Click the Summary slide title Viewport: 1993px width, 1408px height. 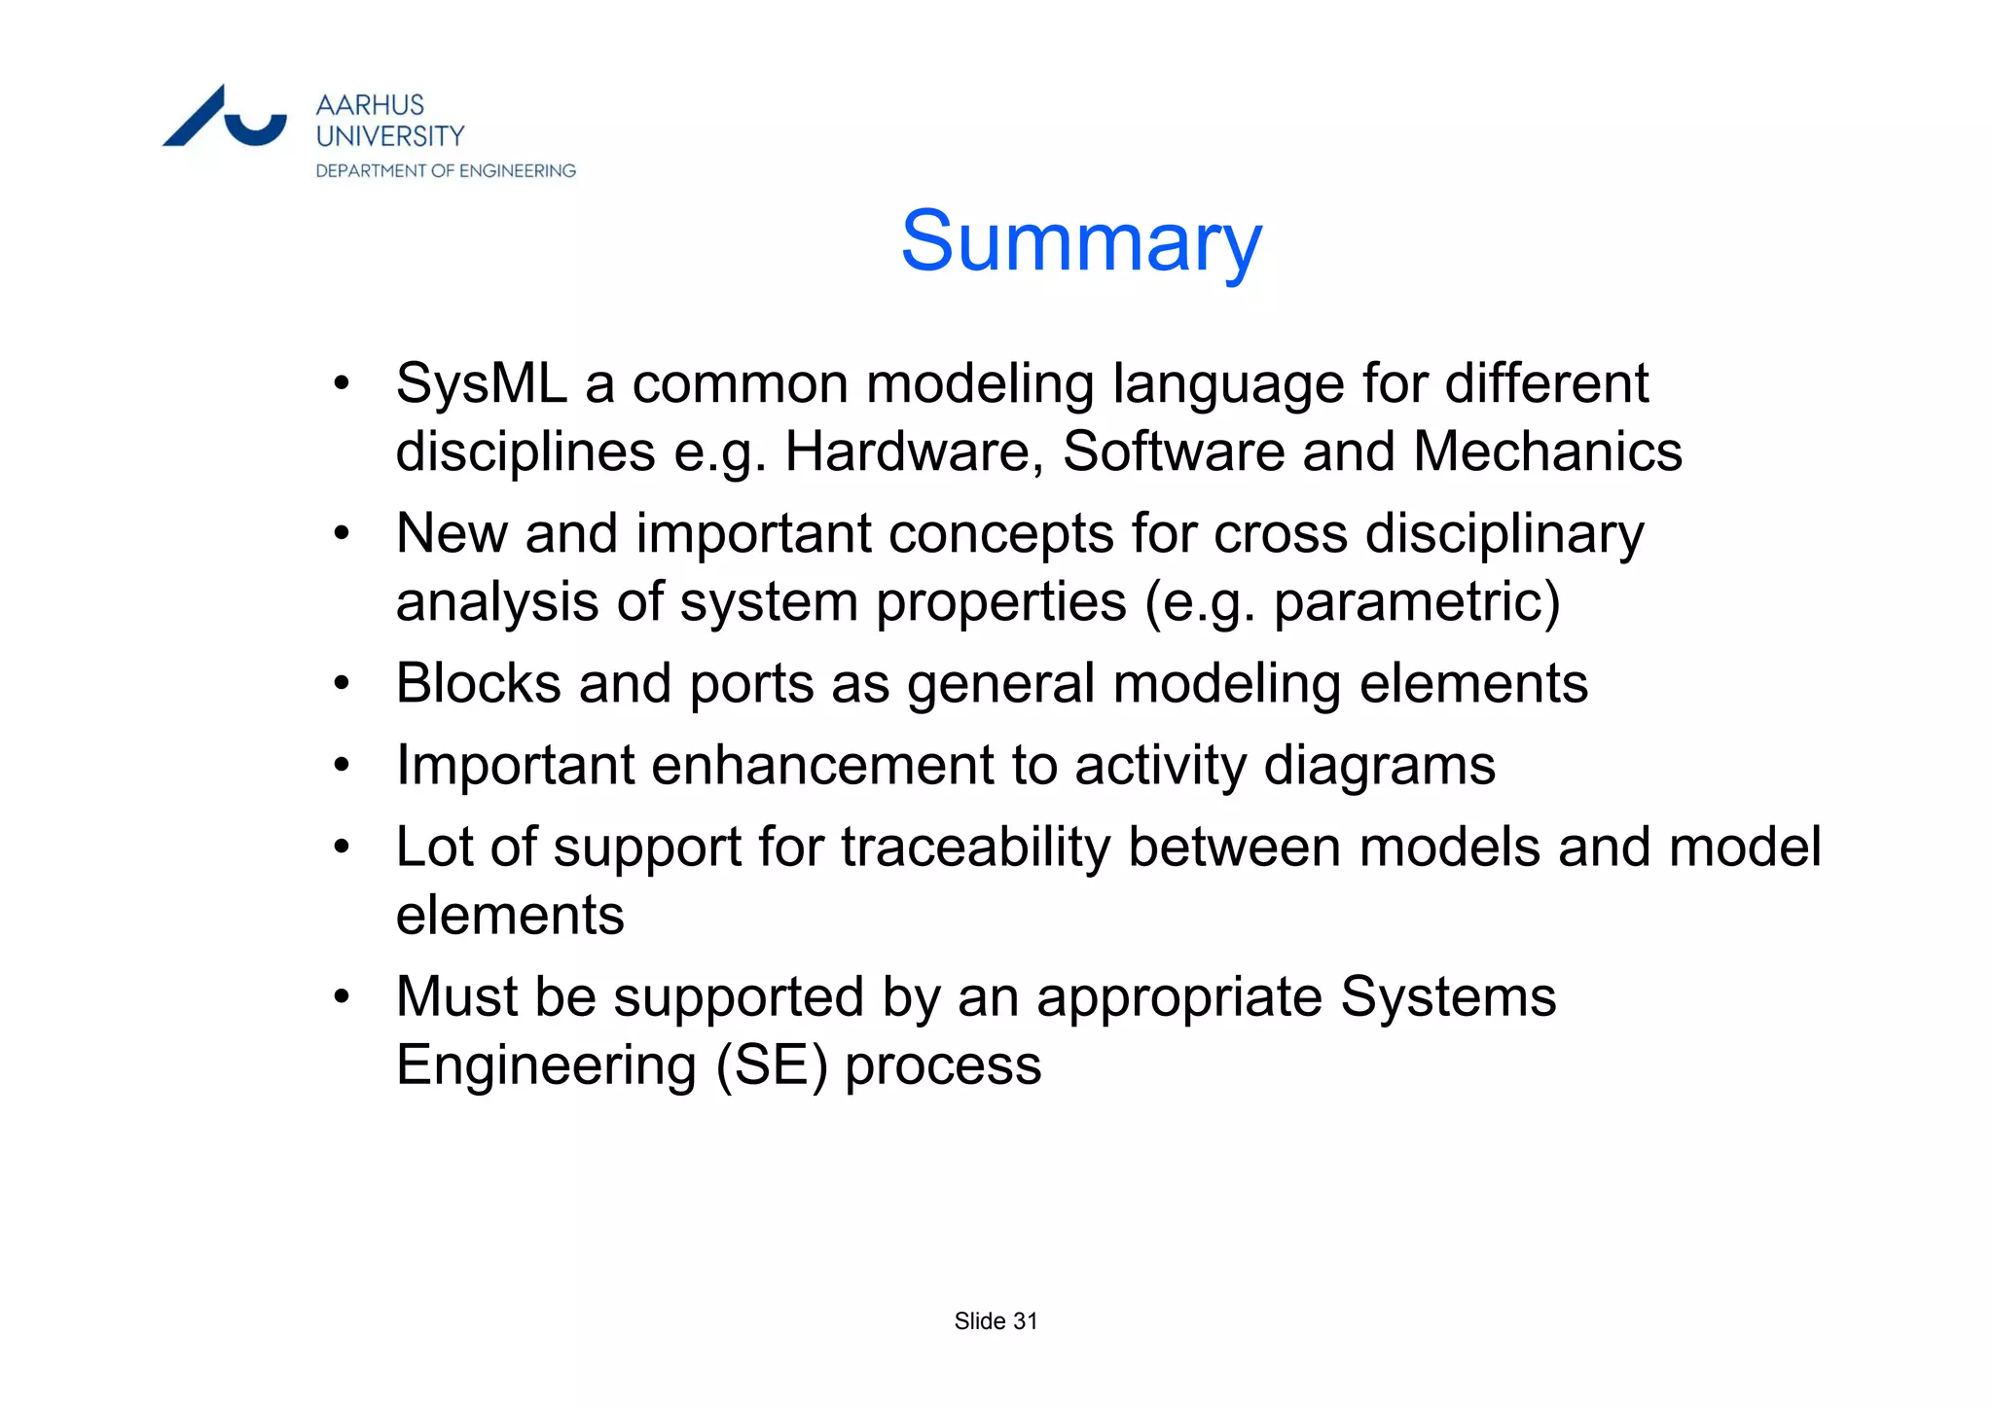[1081, 241]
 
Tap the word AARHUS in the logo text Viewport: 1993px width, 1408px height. [370, 105]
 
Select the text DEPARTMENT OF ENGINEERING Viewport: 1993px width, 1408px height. [446, 171]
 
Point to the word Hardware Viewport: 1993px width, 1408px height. [914, 451]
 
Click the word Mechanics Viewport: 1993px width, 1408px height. [1547, 451]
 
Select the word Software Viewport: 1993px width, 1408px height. [1174, 451]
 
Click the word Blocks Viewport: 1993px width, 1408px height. [479, 683]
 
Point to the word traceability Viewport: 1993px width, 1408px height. [975, 847]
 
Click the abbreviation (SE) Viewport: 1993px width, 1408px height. [772, 1065]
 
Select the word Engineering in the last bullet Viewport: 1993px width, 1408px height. [546, 1065]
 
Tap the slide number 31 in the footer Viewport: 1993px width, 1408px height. [1026, 1321]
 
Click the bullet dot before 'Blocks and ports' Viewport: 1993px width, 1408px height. [341, 683]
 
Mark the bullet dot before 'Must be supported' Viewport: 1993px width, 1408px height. [341, 997]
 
